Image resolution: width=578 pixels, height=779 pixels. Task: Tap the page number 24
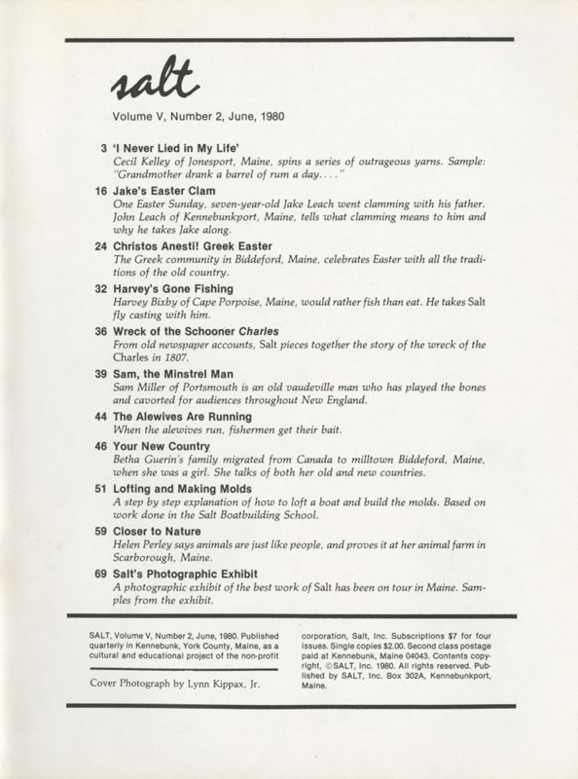(100, 246)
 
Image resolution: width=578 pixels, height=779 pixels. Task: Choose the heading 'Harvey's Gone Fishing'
(173, 289)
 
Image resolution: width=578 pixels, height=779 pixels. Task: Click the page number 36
(100, 331)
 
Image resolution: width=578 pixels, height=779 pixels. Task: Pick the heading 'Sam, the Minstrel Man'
(176, 374)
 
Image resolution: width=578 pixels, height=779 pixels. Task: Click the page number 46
(100, 446)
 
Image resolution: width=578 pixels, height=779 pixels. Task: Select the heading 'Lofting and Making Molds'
(183, 489)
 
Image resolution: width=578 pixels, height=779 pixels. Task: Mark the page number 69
(100, 575)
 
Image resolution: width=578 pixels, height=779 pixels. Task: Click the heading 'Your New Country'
(160, 446)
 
